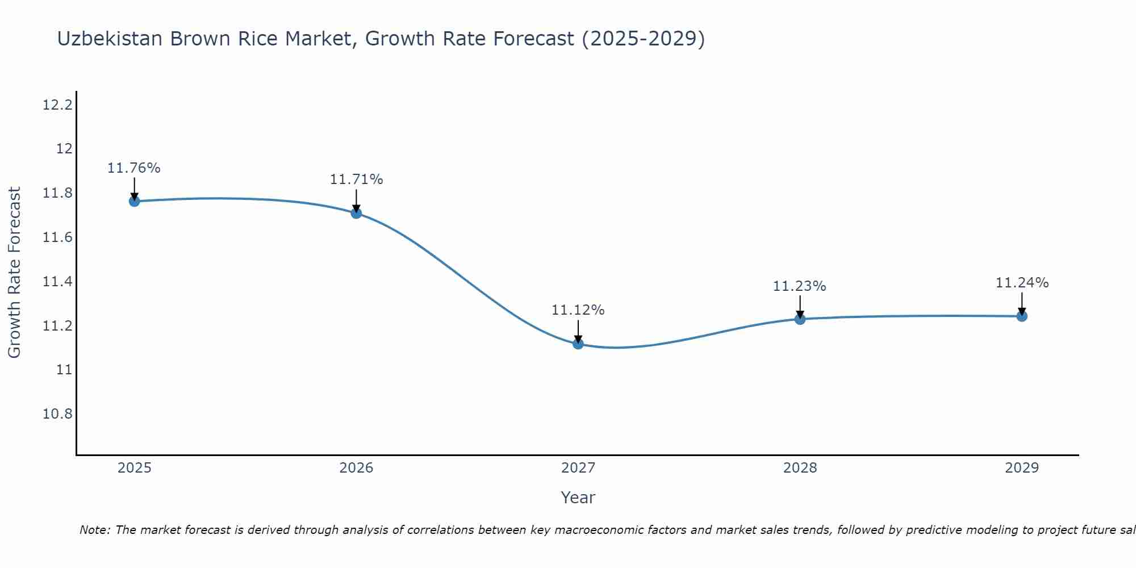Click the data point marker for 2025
pos(134,201)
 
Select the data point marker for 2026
pos(356,213)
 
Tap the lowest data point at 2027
pos(578,344)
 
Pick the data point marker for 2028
pos(800,319)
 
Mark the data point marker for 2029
pos(1022,316)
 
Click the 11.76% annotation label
pos(134,168)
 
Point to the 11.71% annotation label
pos(356,179)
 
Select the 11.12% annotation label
pos(578,310)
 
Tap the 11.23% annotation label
pos(799,286)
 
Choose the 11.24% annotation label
pos(1022,283)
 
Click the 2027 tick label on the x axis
pos(578,468)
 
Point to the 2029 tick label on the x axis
pos(1022,468)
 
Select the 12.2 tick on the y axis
pos(57,105)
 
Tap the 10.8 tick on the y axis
pos(57,414)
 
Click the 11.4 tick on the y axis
pos(57,282)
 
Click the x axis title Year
pos(578,498)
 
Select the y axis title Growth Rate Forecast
pos(14,272)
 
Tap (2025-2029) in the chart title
pos(643,39)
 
